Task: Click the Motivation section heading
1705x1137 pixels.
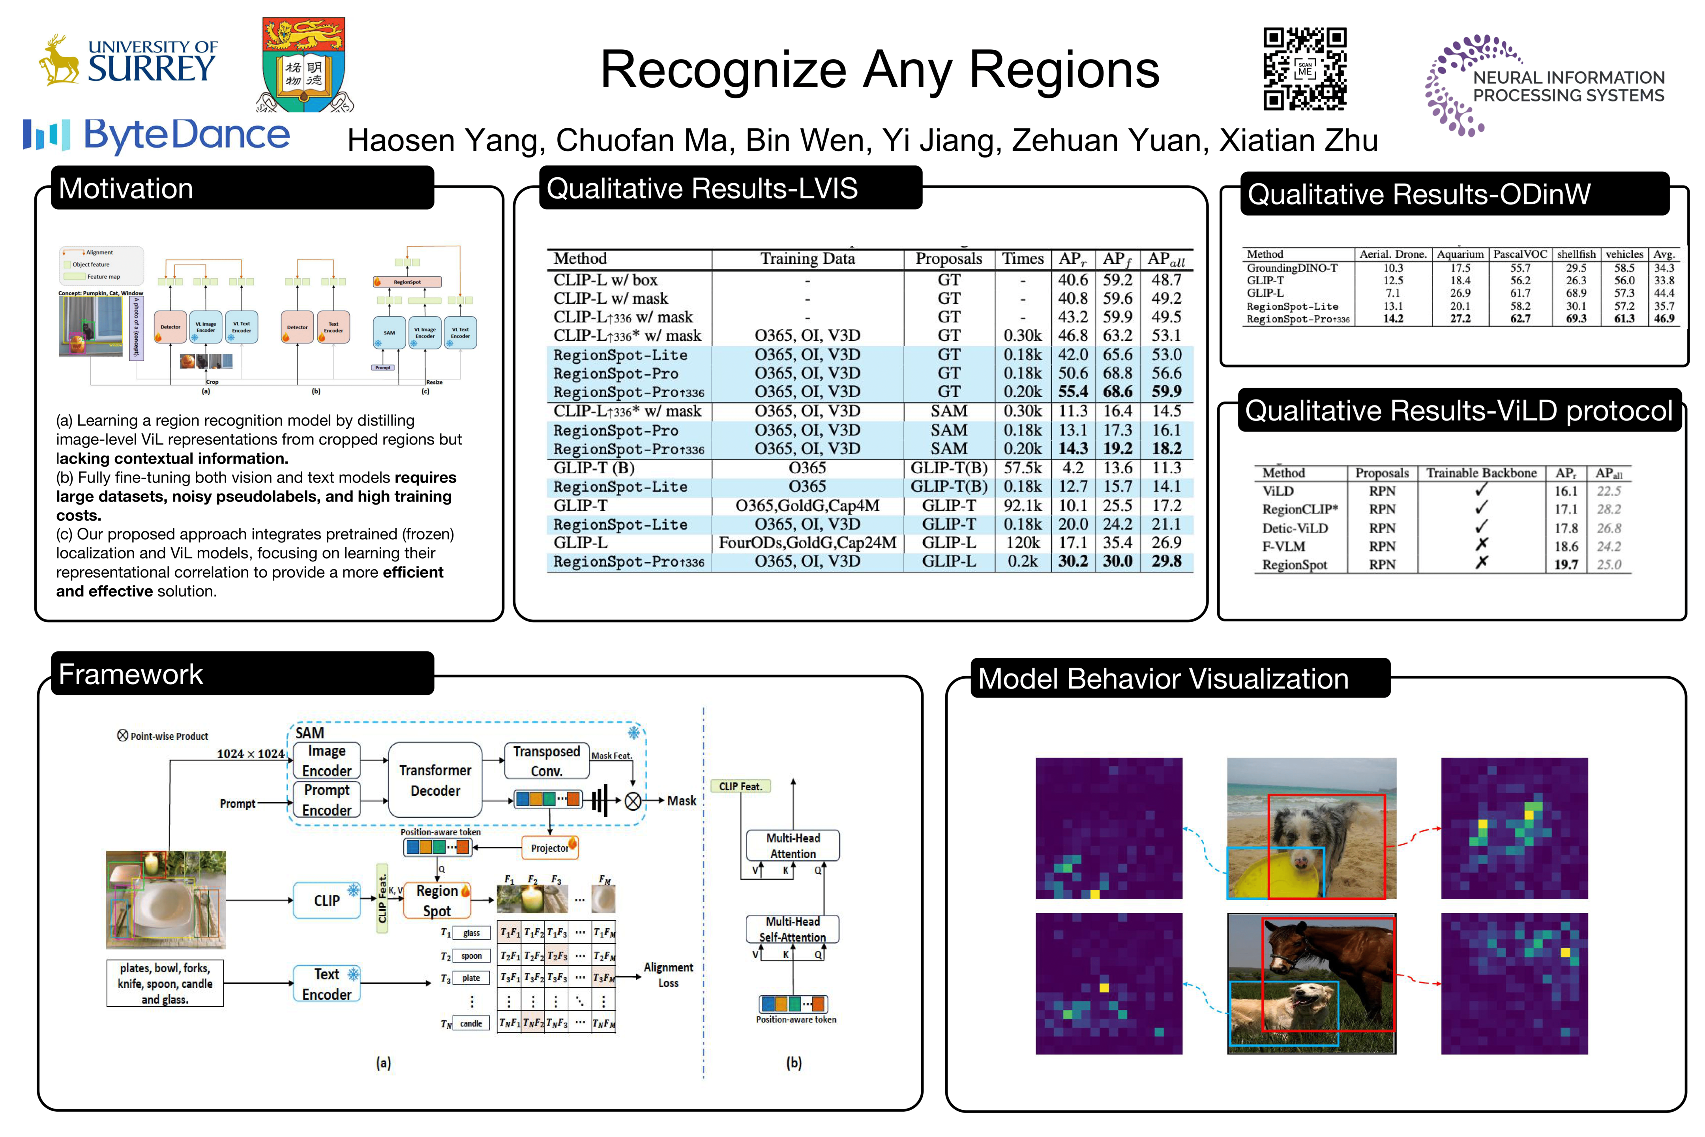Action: pos(126,189)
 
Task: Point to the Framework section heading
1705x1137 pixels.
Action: pos(131,674)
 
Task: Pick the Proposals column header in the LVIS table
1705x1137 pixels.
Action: pos(948,259)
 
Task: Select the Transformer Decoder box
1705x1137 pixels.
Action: pos(435,780)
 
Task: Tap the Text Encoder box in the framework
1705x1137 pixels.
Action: pos(327,984)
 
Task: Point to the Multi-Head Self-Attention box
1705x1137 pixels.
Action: pos(793,929)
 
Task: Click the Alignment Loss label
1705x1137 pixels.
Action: pos(668,975)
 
